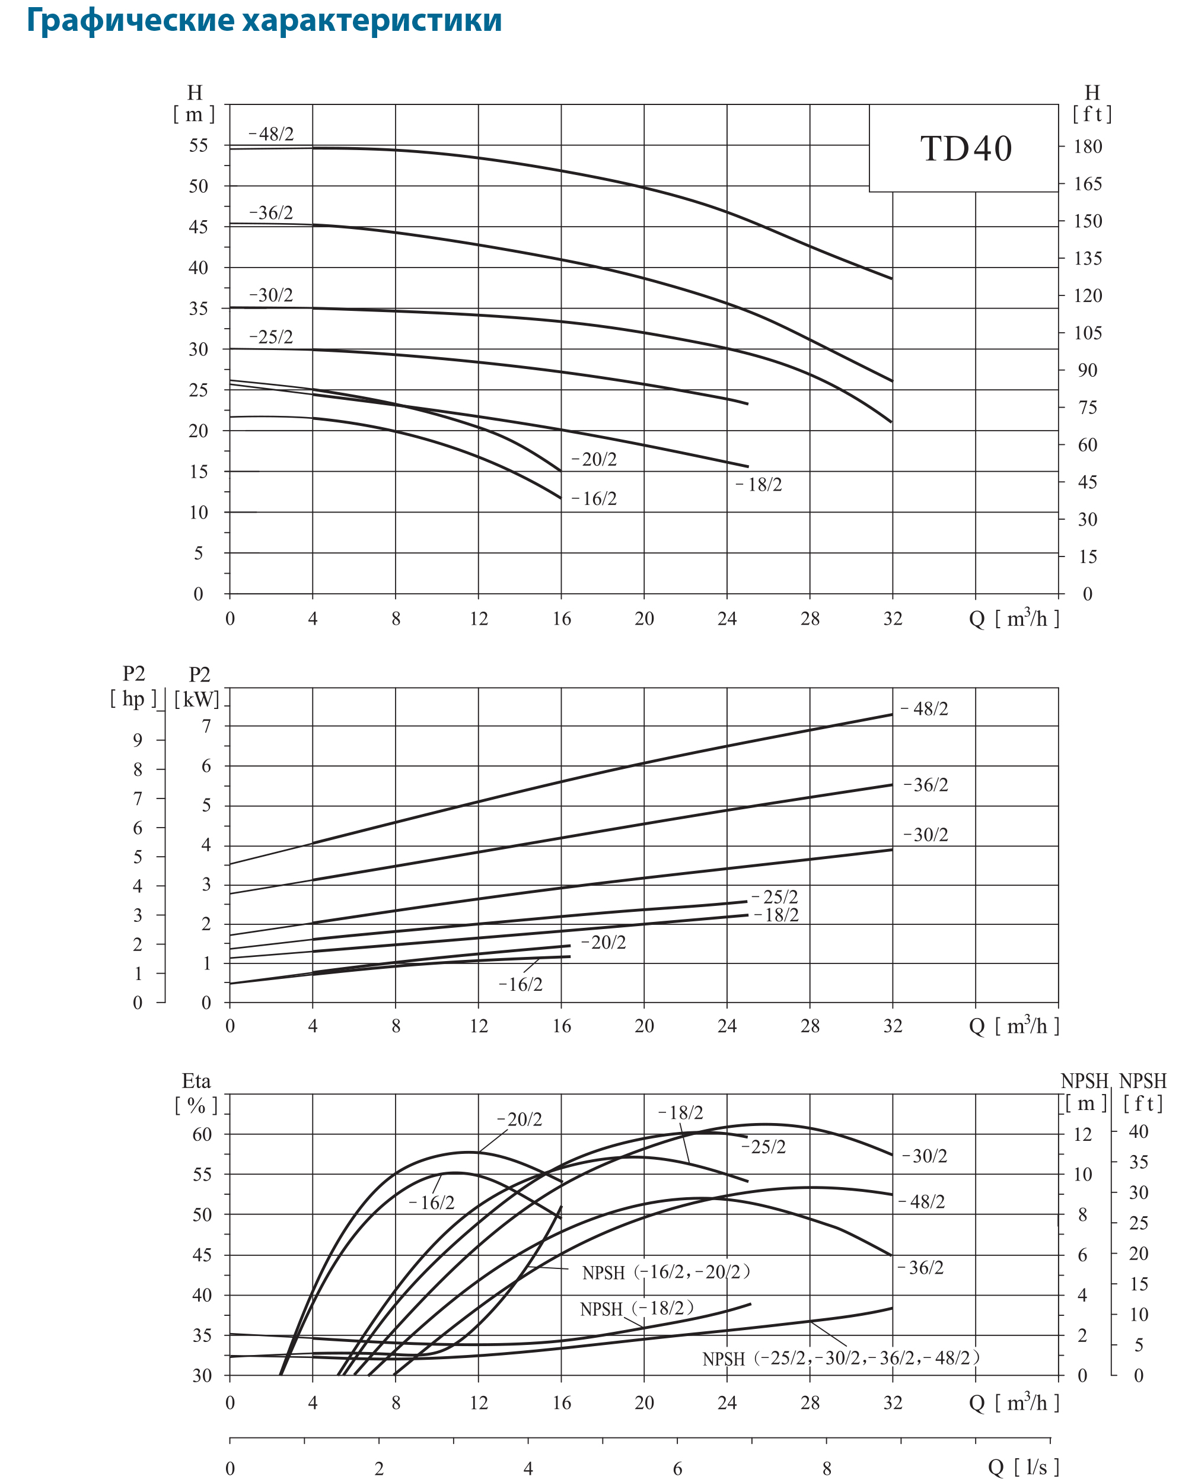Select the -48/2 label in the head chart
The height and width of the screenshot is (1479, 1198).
(271, 134)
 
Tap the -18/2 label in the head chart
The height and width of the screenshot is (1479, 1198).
(759, 485)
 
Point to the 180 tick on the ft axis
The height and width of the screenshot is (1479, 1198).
(1088, 147)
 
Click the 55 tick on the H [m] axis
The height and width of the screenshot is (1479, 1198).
(198, 145)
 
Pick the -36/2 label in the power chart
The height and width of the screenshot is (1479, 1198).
(926, 785)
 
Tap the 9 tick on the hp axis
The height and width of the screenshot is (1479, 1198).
(138, 740)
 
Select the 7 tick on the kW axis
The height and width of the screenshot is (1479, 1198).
(206, 726)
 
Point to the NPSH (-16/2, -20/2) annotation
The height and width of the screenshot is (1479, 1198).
(665, 1272)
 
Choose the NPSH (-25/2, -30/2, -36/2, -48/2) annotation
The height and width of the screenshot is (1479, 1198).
(840, 1358)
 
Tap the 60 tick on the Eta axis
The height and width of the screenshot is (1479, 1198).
(202, 1134)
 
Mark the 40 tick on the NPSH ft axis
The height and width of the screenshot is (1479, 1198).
(1138, 1131)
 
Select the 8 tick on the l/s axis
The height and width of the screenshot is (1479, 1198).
(826, 1468)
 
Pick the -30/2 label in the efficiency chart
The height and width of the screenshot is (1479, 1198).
(925, 1156)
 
